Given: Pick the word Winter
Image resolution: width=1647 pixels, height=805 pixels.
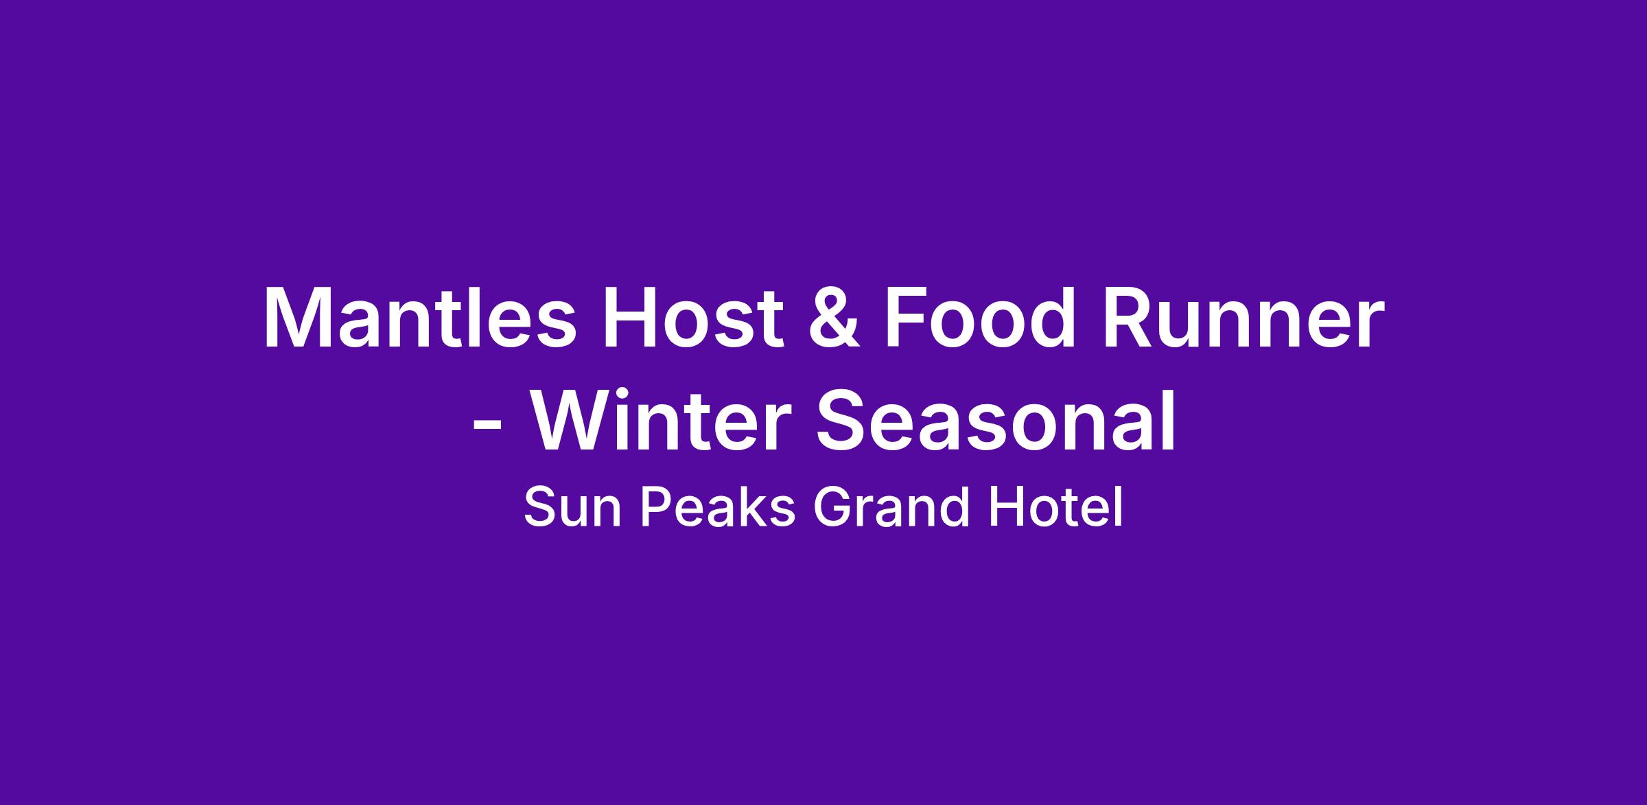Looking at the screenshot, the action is pyautogui.click(x=657, y=419).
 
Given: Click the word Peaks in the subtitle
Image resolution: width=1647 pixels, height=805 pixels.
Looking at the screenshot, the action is pyautogui.click(x=717, y=508).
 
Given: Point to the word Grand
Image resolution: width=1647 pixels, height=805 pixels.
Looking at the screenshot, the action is pyautogui.click(x=891, y=508).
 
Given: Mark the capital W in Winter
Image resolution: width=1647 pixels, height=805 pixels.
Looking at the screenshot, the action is pyautogui.click(x=575, y=420).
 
